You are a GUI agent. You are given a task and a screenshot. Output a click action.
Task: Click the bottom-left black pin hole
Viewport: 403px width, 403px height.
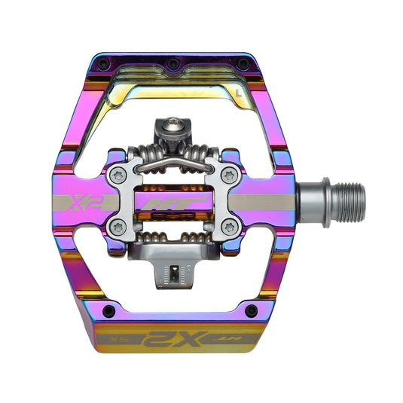(108, 311)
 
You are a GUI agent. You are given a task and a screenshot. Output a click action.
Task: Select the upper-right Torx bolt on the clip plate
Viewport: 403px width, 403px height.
(228, 175)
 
